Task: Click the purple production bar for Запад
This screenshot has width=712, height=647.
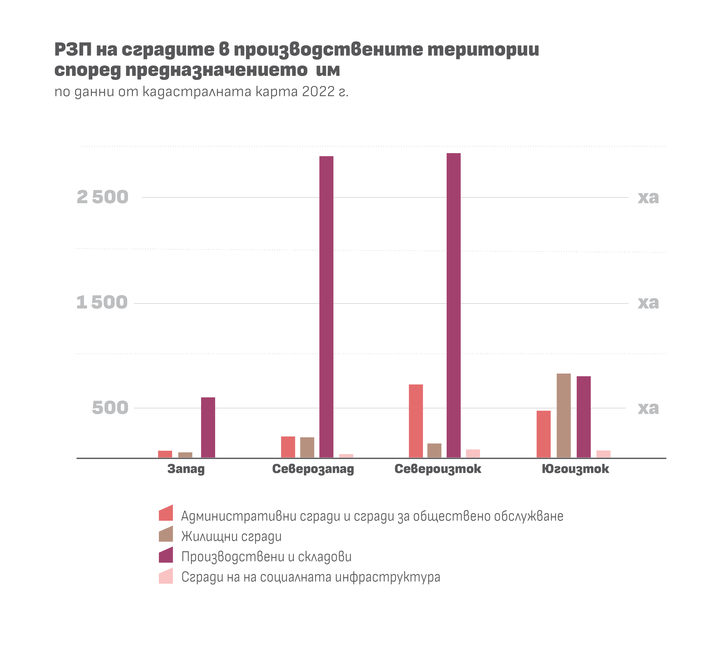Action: point(208,428)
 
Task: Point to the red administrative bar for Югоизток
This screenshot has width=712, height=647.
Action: point(544,434)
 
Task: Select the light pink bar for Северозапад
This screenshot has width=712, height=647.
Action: point(346,456)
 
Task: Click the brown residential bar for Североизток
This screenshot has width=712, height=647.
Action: point(434,450)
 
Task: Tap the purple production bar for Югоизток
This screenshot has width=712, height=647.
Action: point(583,417)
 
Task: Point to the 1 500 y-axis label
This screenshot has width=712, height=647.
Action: point(102,302)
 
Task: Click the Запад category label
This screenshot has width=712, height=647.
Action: point(186,469)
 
